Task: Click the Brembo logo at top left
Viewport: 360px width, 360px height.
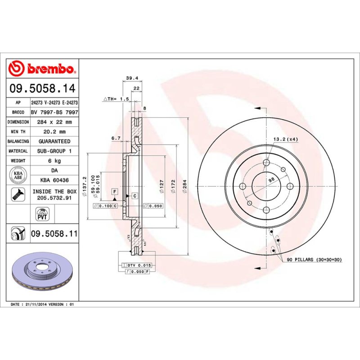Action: click(43, 69)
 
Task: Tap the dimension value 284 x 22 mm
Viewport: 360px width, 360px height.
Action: click(55, 122)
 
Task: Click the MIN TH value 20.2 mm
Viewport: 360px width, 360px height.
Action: click(55, 132)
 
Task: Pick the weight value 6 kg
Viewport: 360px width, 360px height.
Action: click(55, 161)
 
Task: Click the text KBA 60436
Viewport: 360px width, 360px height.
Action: click(54, 180)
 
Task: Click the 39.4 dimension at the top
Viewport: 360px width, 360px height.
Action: click(131, 78)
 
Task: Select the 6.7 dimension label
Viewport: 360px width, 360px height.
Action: click(115, 138)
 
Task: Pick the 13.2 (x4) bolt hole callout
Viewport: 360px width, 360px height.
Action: click(286, 139)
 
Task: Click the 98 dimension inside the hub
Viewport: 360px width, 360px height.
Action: click(271, 180)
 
